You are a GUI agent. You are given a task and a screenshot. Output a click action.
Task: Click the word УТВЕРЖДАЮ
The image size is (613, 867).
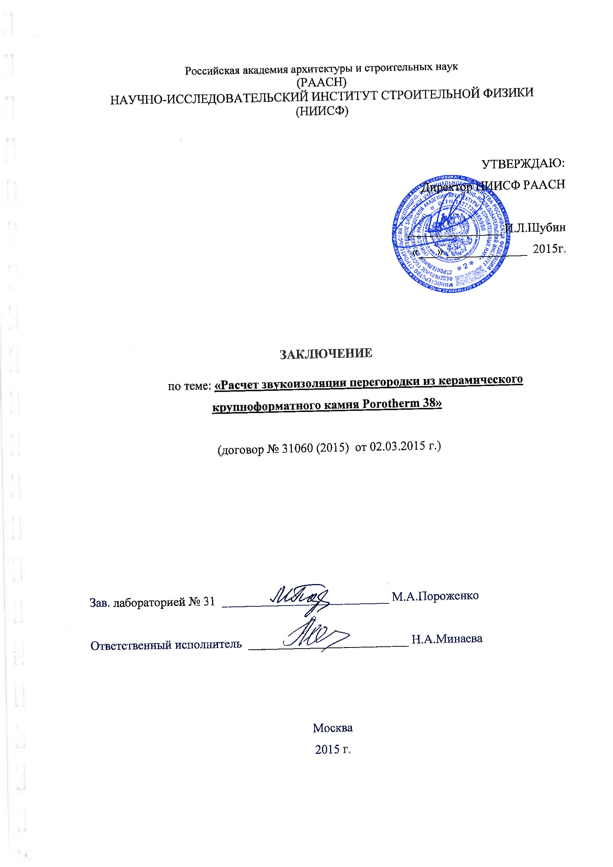click(523, 164)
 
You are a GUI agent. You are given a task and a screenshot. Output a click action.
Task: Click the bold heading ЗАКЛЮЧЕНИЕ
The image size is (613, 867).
click(326, 354)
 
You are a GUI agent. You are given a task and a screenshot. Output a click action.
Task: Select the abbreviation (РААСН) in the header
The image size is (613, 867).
click(322, 82)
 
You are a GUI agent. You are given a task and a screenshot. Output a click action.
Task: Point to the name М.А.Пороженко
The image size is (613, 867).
click(435, 596)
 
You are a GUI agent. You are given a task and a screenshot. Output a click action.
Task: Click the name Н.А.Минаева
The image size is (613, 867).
click(447, 639)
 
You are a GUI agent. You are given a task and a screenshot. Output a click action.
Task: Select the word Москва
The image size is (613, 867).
click(332, 728)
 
